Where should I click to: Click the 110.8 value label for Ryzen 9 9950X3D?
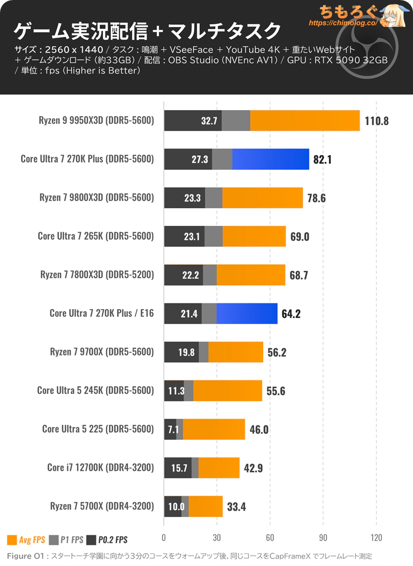(x=376, y=121)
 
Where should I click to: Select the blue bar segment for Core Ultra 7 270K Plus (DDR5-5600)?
(x=271, y=159)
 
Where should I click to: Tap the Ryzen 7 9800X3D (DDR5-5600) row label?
(x=97, y=197)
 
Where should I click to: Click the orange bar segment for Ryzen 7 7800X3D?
(x=251, y=275)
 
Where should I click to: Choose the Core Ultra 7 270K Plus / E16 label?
(x=101, y=313)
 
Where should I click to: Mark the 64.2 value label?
(x=291, y=313)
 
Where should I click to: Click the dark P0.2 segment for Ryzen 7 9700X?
(x=181, y=352)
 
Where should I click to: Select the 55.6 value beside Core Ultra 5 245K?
(x=276, y=391)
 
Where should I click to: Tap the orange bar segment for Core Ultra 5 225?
(x=214, y=429)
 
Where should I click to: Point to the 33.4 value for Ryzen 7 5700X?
(x=236, y=507)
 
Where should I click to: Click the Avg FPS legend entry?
(x=26, y=540)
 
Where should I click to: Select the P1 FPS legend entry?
(x=66, y=540)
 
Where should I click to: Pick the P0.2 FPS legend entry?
(x=107, y=540)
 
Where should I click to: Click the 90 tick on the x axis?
(x=323, y=537)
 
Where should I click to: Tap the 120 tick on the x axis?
(x=376, y=537)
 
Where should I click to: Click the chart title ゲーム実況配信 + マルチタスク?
(x=147, y=32)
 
